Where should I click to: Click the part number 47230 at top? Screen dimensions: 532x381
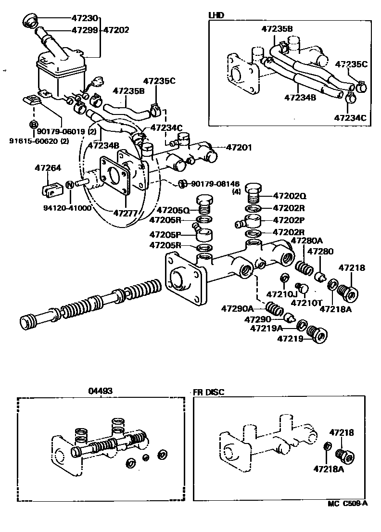[85, 19]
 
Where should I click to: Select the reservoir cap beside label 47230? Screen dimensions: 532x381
[30, 21]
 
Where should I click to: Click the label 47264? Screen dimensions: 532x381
[47, 168]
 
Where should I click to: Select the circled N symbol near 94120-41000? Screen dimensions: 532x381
[69, 185]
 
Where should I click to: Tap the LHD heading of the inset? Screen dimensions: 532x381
[216, 15]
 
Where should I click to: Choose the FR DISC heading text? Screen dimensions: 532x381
[209, 392]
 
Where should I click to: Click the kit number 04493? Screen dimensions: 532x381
[100, 391]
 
